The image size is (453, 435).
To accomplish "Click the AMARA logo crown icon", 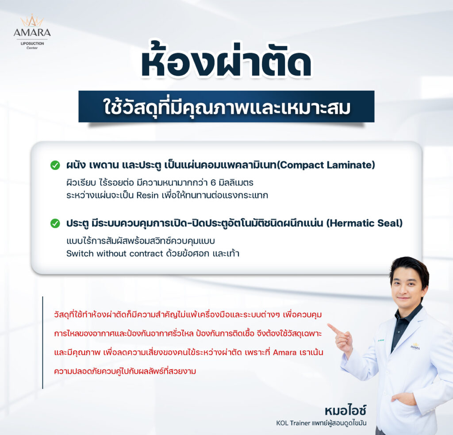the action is pos(32,21).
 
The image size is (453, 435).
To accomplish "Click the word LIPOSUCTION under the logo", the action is pos(32,43).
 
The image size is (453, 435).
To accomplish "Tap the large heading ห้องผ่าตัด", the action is pos(226,60).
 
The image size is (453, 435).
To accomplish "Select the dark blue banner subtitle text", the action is pos(227,107).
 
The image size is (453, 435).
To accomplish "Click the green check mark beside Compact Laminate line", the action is pos(55,165).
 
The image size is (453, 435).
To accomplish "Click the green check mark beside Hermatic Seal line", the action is pos(55,223).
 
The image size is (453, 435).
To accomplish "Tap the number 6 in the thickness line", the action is pos(213,183).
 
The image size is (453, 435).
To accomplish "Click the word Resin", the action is pos(147,196).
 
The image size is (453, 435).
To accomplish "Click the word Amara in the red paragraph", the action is pos(284,352).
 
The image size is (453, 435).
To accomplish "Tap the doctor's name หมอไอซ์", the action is pos(346,410).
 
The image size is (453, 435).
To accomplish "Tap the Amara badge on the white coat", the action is pos(415,346).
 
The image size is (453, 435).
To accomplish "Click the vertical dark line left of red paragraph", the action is pos(42,343).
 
